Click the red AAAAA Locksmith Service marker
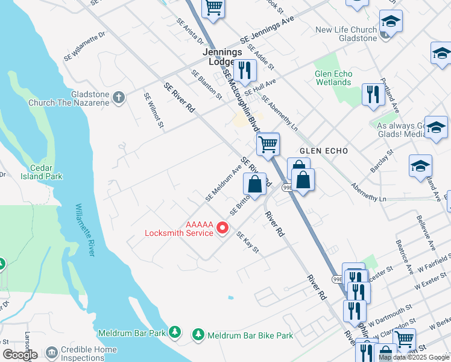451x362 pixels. tap(222, 228)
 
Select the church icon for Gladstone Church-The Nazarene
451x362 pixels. tap(119, 97)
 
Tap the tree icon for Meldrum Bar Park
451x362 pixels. tap(175, 331)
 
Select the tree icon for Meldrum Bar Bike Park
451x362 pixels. tap(198, 334)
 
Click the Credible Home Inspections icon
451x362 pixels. tap(52, 351)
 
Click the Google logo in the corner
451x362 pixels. tap(19, 355)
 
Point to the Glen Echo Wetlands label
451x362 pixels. tap(333, 78)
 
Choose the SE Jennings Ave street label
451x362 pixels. tap(266, 30)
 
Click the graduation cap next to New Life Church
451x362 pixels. tap(391, 24)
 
